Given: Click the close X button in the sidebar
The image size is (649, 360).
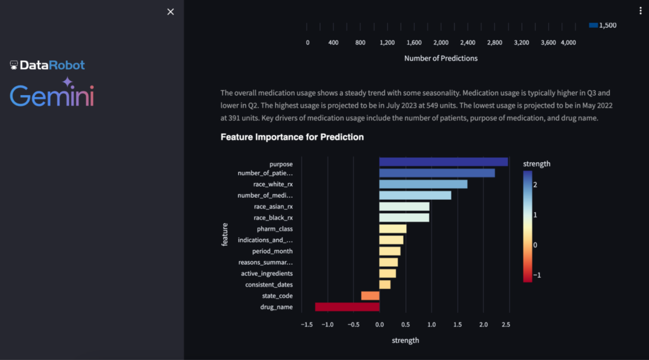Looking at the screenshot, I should [170, 12].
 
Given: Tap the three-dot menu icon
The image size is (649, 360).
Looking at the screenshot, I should [641, 11].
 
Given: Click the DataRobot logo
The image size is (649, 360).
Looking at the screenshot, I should [48, 65].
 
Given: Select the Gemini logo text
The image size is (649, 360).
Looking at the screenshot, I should [52, 94].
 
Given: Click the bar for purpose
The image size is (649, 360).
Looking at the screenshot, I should [443, 162].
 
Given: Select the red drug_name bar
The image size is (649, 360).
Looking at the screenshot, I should [347, 307].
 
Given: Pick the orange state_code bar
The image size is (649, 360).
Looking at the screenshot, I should [370, 296].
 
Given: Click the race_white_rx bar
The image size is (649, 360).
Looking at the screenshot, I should [423, 184].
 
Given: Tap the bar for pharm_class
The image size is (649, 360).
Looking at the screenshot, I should [392, 228].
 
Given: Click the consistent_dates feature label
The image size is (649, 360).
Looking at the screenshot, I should [269, 285].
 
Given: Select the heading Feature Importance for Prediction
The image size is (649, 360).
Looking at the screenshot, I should [292, 137].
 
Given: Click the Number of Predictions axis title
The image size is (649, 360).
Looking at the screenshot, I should [440, 58].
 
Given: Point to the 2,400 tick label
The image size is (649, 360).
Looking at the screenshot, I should [468, 42].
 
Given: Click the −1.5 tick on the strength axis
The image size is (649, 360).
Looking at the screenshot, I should [305, 325].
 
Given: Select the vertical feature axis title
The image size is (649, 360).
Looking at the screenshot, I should [225, 235].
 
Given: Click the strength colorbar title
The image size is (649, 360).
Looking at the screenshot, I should [536, 164].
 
